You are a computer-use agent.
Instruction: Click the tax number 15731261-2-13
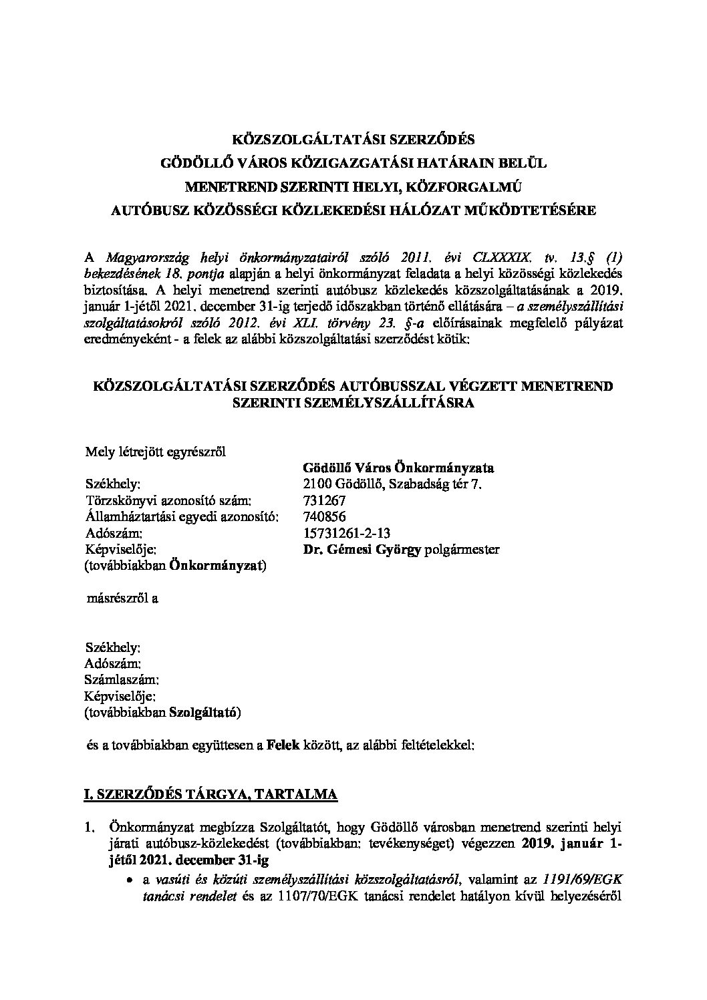point(346,533)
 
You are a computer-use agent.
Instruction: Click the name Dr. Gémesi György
point(358,550)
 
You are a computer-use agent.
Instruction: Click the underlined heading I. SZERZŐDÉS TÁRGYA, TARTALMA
point(210,794)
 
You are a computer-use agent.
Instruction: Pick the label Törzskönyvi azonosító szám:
point(168,500)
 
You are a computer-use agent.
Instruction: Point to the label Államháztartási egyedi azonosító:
point(181,516)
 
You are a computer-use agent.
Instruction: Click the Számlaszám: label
point(122,680)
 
